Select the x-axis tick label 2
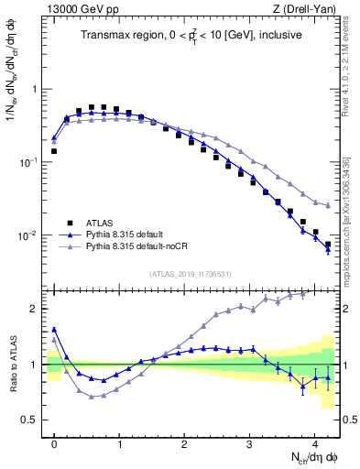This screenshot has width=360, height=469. coord(184,442)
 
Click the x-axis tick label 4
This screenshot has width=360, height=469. coord(314,442)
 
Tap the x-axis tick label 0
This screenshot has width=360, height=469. coord(54,442)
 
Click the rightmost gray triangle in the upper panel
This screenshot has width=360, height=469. coord(328,204)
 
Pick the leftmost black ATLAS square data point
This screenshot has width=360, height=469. coord(54,151)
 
